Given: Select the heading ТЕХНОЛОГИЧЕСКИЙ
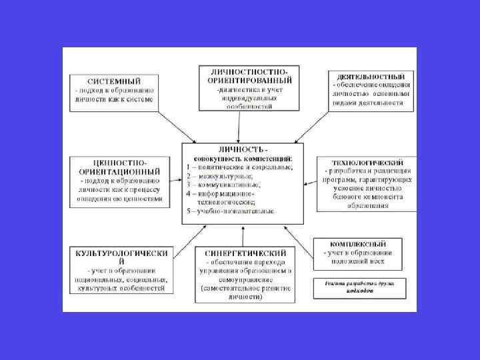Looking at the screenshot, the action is (368, 163).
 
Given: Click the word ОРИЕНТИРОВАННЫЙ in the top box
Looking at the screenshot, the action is (249, 81).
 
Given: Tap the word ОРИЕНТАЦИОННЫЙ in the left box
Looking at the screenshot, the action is (115, 172).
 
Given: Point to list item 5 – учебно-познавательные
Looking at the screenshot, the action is (231, 211).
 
